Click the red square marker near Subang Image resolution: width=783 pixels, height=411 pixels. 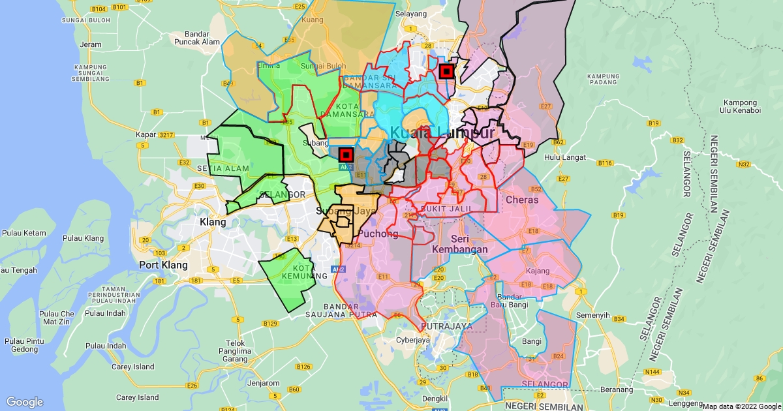coord(346,155)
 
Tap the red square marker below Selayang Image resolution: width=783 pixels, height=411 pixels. coord(447,71)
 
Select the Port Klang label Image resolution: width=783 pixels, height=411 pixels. coord(163,266)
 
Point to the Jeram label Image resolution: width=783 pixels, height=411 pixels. coord(91,44)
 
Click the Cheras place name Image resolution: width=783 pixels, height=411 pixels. coord(522,200)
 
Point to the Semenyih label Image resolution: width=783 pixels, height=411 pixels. coord(593,315)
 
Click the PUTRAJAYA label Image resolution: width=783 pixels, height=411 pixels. coord(446,326)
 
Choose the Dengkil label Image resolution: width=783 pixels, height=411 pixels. coord(435,399)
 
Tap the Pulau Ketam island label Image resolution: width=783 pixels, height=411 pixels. coord(24,233)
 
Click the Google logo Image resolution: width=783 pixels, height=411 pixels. coord(24,402)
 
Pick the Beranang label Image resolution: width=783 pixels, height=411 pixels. coord(616,389)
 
